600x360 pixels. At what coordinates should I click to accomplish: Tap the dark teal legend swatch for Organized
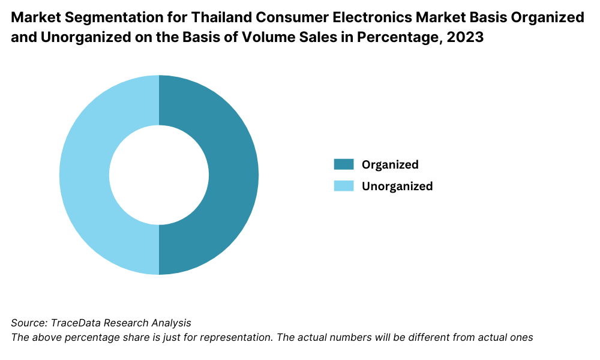343,164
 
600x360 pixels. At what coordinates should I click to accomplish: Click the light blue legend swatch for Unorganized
343,186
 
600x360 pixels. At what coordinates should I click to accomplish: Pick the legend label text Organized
390,164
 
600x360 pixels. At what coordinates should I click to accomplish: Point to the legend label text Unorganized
397,186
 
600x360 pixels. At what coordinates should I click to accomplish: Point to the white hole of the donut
159,175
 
